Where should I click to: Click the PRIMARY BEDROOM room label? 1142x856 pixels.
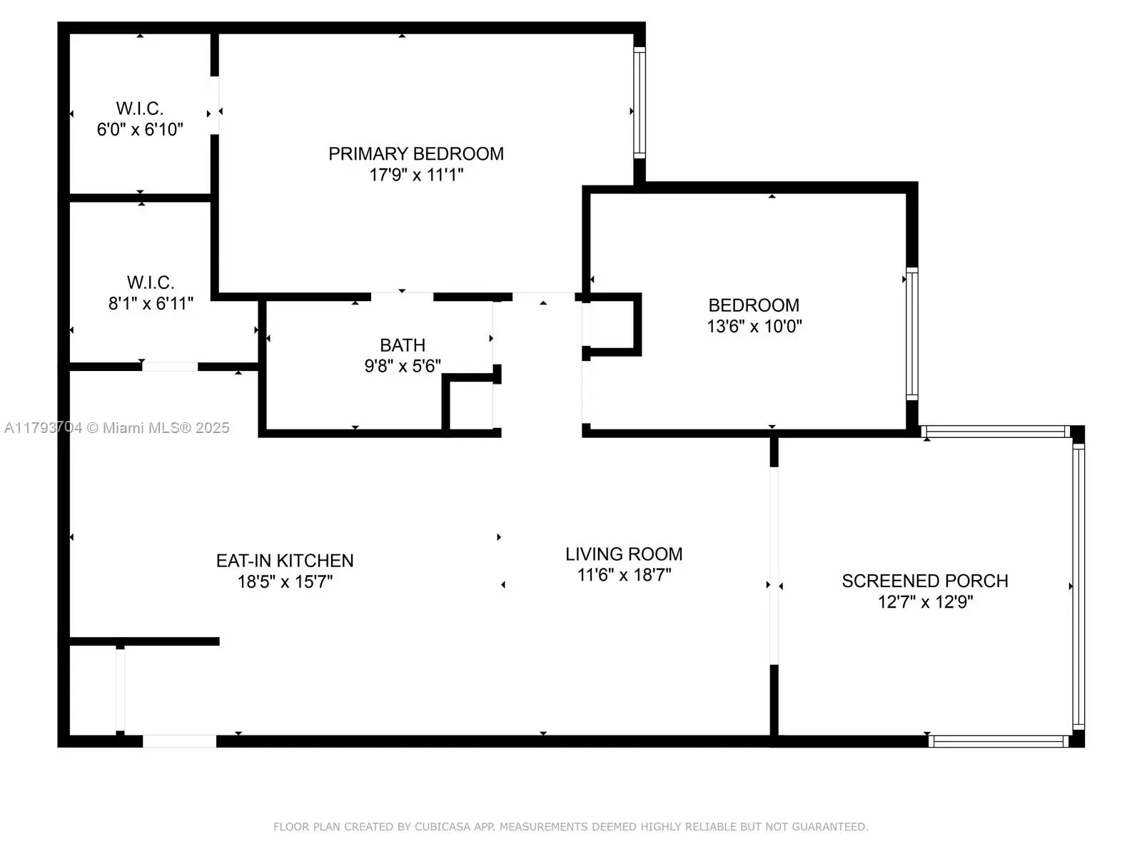[x=415, y=154]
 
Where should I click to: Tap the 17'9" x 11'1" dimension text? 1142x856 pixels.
[x=415, y=175]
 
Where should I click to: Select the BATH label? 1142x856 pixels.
[x=402, y=345]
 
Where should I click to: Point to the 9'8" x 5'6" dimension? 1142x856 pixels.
[x=402, y=366]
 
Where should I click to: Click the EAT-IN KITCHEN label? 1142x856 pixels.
[x=285, y=561]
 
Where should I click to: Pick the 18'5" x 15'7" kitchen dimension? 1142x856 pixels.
[x=285, y=581]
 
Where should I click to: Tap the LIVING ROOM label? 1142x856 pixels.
[x=624, y=554]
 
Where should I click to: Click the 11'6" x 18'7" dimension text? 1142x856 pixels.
[x=624, y=575]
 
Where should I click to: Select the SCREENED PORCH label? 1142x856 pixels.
[x=925, y=581]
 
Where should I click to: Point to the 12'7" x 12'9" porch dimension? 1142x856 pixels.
[x=925, y=602]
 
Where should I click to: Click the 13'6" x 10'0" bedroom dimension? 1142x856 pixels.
[x=754, y=327]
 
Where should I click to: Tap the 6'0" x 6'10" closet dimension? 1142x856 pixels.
[x=140, y=129]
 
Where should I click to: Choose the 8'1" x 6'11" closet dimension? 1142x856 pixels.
[x=151, y=304]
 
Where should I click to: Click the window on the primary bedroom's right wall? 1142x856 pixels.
[x=640, y=103]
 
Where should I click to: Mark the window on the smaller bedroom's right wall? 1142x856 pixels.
[x=912, y=334]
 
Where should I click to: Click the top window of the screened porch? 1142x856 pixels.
[x=996, y=432]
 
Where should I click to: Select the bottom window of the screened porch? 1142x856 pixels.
[x=999, y=741]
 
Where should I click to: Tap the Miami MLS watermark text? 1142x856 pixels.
[x=116, y=428]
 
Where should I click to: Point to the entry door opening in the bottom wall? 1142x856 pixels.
[x=179, y=741]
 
